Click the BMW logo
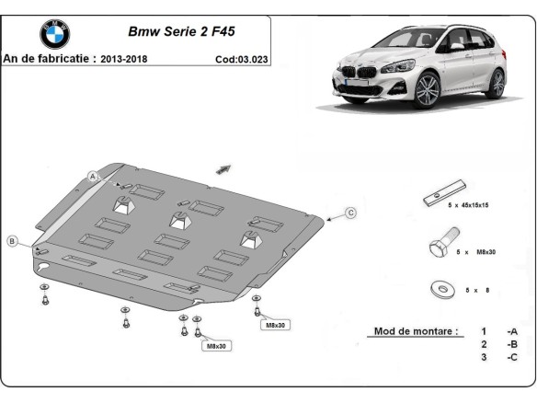54,35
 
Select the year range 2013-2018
130,58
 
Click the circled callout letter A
93,176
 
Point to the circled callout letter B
12,241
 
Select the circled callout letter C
350,213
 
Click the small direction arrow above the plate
223,167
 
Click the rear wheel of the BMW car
497,83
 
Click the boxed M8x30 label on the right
276,326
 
